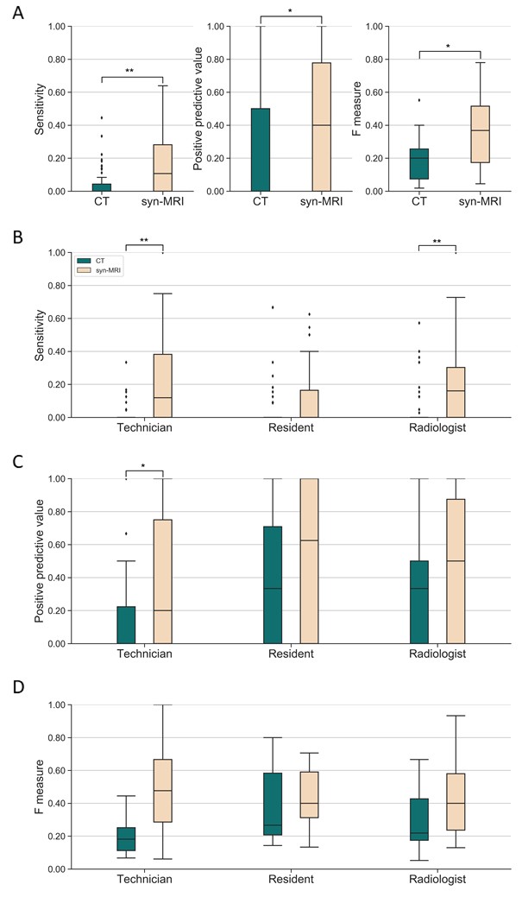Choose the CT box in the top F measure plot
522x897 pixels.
(x=419, y=163)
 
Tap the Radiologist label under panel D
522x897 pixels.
(x=437, y=881)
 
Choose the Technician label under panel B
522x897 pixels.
(x=144, y=429)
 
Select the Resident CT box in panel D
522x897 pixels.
(x=272, y=804)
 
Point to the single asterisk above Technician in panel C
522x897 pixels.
(x=144, y=467)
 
